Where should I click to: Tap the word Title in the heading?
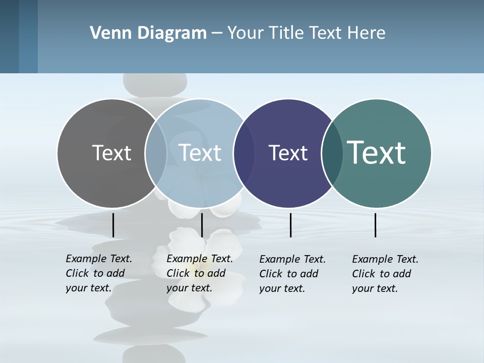click(286, 33)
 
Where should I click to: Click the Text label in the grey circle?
click(111, 153)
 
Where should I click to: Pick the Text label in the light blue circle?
click(200, 153)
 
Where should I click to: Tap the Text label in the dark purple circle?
click(288, 153)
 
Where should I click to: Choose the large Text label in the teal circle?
click(377, 153)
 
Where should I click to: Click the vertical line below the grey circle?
click(113, 225)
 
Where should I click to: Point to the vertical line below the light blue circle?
click(202, 225)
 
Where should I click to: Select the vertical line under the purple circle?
click(290, 225)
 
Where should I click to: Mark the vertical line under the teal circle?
click(376, 225)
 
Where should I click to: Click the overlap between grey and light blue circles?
click(156, 153)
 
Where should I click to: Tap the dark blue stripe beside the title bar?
click(28, 36)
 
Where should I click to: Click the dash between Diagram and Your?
click(217, 33)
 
